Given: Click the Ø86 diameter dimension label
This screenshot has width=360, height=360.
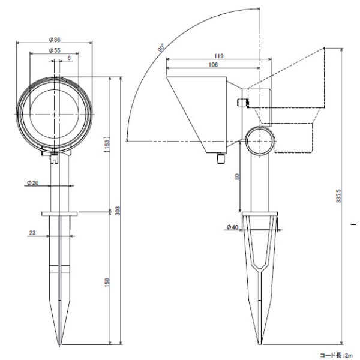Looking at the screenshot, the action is click(55, 40).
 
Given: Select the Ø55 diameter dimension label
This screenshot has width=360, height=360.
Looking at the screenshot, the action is click(55, 50).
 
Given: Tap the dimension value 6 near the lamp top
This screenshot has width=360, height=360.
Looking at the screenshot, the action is click(69, 58).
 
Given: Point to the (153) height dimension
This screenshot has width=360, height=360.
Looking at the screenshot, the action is click(107, 145).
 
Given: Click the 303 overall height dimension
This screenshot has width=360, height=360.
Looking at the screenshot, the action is click(118, 211).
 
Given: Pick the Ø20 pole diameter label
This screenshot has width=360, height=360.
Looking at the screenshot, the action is click(32, 183).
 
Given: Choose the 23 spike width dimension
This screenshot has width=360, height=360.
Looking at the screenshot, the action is click(32, 233).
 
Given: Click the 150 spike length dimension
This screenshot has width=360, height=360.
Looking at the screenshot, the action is click(107, 282).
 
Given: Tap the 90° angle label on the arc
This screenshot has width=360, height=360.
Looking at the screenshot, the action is click(161, 48).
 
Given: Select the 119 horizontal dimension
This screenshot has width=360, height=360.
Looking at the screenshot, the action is click(218, 56).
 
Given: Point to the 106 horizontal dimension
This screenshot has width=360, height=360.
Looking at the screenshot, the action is click(213, 65).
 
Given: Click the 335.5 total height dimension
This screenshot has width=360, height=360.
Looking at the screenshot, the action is click(338, 196).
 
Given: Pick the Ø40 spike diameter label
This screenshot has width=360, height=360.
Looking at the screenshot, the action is click(232, 227).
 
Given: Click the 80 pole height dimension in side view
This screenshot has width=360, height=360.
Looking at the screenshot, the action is click(237, 176).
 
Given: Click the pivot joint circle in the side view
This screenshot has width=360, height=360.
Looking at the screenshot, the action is click(260, 142).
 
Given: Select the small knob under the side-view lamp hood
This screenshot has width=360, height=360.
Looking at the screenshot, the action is click(221, 158).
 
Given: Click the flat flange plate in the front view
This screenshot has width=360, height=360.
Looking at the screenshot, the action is click(59, 214).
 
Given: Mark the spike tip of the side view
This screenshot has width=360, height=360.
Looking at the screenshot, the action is click(260, 344).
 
